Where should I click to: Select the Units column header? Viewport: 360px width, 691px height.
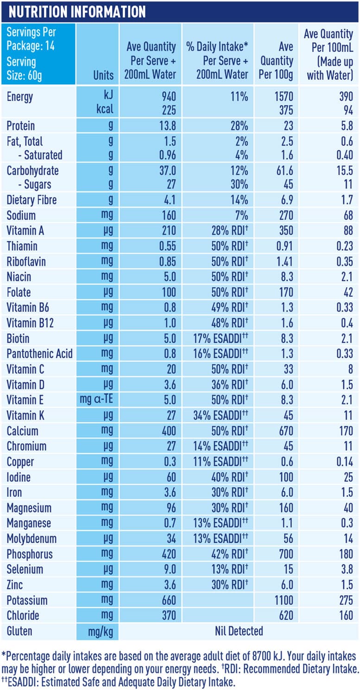[x=103, y=75]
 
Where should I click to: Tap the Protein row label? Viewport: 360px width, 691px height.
[x=21, y=126]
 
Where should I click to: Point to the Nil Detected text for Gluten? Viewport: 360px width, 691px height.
[x=239, y=631]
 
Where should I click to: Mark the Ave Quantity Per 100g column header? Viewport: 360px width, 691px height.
[x=277, y=60]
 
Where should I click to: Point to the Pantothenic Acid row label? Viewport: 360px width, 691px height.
[x=39, y=354]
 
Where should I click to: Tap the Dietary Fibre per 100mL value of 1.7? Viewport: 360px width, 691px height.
[x=345, y=201]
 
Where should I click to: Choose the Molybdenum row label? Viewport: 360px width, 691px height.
[x=32, y=539]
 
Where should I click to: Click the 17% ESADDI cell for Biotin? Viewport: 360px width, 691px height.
[x=221, y=338]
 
